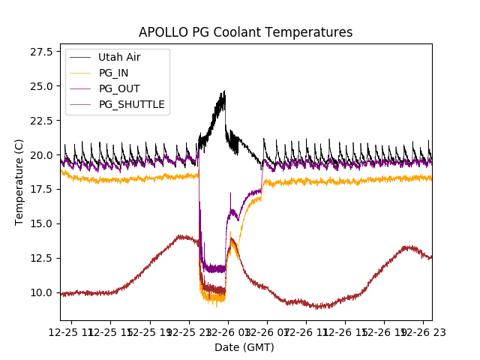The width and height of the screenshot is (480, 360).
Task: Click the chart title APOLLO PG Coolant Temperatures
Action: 245,32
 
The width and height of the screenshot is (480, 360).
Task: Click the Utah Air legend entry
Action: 118,57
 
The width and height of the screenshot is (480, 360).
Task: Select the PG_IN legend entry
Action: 114,73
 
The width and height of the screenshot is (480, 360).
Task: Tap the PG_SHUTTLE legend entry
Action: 131,104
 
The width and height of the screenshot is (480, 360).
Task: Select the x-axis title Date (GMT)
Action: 244,347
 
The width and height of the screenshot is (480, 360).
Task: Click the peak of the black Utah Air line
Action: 223,91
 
